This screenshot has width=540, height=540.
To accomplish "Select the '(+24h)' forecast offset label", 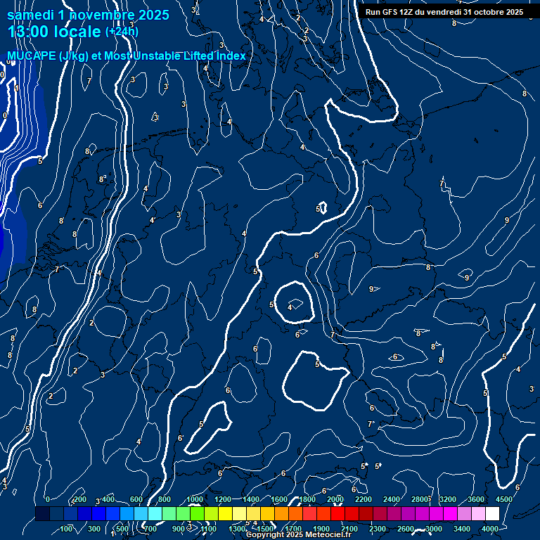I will click(x=122, y=32).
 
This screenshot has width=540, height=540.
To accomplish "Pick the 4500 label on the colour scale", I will click(x=504, y=499).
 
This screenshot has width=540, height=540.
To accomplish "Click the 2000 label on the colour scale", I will click(x=335, y=499).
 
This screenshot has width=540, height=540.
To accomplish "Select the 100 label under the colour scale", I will click(x=67, y=529).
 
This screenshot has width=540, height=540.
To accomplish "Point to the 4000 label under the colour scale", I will click(x=490, y=529).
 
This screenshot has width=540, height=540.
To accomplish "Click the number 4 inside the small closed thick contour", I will click(x=290, y=307).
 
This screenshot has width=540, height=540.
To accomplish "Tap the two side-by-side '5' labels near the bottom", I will click(x=371, y=466).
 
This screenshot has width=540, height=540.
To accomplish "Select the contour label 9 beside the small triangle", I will click(x=371, y=289).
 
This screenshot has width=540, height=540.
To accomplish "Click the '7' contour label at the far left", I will click(x=56, y=269).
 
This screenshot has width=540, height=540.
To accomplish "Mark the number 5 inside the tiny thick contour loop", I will click(x=319, y=209).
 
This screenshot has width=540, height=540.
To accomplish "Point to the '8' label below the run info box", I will click(x=454, y=23).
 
